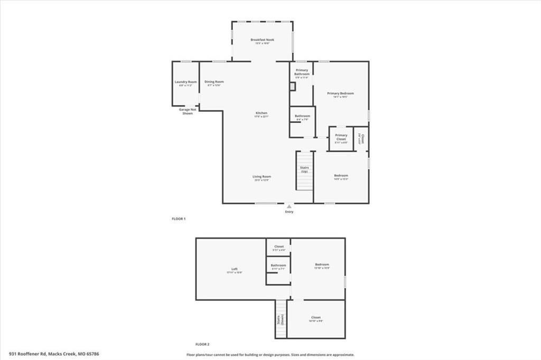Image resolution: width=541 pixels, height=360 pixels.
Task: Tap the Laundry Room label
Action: click(x=185, y=82)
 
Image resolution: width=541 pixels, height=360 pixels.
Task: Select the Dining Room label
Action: click(x=214, y=82)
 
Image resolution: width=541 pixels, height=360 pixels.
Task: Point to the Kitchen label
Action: click(x=262, y=113)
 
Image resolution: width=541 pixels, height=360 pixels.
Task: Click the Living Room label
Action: click(x=262, y=177)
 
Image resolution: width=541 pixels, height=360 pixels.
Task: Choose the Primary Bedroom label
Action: click(x=343, y=94)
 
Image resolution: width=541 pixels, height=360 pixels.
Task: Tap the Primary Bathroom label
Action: click(x=302, y=72)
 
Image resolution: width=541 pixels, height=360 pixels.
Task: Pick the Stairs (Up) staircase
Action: click(x=304, y=172)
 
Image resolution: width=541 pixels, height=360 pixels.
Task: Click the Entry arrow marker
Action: click(x=289, y=207)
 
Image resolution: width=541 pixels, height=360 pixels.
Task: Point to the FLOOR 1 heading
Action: click(x=179, y=219)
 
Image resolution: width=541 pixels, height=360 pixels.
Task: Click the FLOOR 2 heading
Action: click(x=203, y=344)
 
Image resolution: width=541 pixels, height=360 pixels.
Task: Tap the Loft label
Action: click(x=227, y=270)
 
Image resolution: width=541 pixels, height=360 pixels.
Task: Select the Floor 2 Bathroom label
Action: click(x=278, y=266)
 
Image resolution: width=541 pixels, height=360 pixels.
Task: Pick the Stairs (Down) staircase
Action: click(x=281, y=319)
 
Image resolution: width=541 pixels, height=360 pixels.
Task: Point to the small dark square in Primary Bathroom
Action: click(x=292, y=84)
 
